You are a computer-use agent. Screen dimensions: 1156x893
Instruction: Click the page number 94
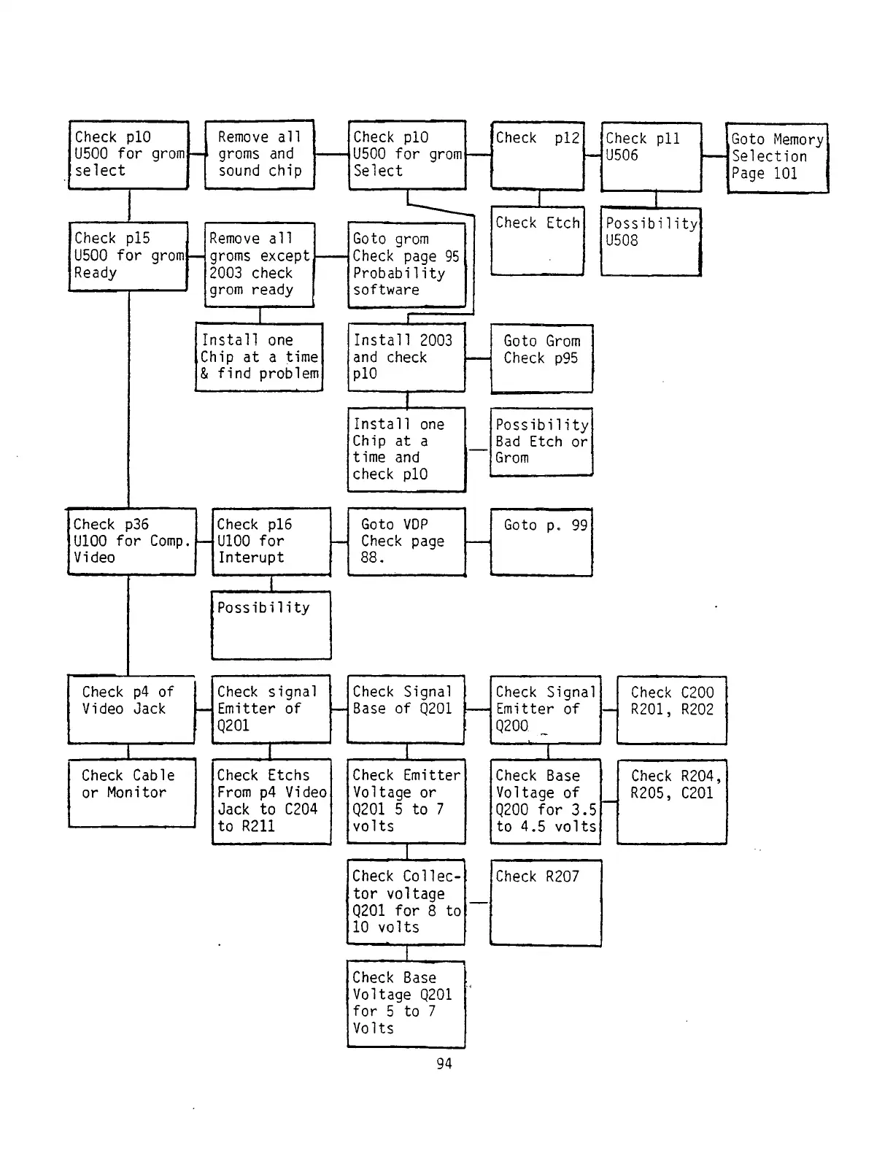444,1063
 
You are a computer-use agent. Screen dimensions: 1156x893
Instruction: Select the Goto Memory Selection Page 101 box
777,158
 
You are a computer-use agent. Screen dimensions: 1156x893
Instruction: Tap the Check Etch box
538,241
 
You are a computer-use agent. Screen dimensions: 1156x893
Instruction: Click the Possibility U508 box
651,242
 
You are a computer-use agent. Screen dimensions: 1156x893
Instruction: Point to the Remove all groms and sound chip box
260,155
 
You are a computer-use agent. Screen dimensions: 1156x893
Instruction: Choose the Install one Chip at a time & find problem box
259,357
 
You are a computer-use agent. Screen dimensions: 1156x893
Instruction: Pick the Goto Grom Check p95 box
541,358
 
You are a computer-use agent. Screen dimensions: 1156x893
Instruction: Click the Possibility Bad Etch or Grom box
541,442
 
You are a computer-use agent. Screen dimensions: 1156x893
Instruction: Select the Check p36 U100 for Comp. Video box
131,541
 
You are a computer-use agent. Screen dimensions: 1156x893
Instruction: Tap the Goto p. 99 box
541,542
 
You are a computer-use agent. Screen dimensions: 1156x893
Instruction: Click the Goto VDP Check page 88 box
406,542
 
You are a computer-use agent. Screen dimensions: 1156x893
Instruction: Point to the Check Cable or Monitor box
131,793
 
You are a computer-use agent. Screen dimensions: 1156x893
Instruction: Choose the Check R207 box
546,903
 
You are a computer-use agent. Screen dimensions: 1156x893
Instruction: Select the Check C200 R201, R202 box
672,709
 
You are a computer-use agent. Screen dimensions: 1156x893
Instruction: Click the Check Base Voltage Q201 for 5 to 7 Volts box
406,1003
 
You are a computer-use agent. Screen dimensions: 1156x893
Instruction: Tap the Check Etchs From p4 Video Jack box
271,801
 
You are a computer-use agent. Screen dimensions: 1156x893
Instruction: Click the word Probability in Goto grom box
399,273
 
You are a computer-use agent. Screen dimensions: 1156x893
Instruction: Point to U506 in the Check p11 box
622,155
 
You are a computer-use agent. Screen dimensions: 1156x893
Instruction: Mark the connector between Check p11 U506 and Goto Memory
714,156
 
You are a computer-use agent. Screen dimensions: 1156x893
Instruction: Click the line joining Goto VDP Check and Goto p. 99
478,542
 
